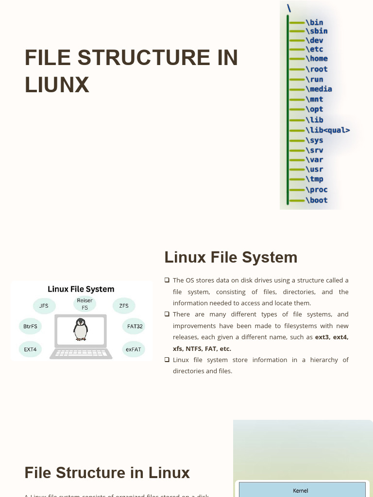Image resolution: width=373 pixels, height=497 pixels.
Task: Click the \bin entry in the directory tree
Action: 314,22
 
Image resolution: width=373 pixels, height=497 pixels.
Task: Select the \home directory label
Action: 317,59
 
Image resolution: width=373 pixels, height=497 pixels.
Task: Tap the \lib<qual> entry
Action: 327,130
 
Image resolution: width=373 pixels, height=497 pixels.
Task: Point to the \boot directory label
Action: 317,200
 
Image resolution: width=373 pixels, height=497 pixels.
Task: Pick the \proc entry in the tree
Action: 317,190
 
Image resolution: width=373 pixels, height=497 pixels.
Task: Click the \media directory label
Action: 319,89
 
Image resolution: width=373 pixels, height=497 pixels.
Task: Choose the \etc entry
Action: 314,49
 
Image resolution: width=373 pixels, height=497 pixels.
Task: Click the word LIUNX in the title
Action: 57,85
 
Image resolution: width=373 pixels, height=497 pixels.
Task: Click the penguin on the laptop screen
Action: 81,329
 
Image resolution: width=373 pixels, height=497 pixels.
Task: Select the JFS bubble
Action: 44,306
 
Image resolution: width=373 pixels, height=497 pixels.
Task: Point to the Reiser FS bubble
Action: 85,304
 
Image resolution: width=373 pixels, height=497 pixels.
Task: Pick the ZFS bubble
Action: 124,306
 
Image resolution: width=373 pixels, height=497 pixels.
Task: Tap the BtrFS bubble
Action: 30,326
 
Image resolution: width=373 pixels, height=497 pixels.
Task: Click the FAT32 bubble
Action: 135,326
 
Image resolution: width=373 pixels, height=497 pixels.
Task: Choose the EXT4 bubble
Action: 30,349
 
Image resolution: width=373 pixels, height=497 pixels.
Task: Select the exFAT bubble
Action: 133,349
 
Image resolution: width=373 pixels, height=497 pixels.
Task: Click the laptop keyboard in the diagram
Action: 81,353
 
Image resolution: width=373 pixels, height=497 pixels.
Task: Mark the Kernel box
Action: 301,490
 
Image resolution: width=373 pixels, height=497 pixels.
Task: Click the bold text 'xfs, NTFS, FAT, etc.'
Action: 202,348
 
